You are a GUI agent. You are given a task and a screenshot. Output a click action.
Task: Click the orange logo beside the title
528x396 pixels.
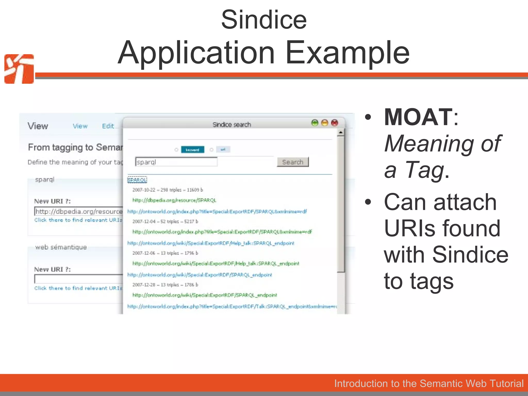point(19,69)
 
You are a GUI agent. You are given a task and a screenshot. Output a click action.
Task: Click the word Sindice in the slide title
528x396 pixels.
point(264,20)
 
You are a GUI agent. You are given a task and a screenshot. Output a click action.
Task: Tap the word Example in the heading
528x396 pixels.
point(347,53)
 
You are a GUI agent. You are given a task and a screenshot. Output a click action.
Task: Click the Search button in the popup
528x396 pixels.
point(293,162)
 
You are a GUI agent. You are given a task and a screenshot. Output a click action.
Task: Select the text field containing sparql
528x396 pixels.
point(176,162)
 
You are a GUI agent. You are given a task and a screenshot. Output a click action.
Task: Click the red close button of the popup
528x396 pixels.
point(334,123)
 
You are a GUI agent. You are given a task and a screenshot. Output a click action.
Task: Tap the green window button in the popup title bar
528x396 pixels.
point(315,123)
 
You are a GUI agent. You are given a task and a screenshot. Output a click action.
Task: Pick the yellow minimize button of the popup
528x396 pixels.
point(325,123)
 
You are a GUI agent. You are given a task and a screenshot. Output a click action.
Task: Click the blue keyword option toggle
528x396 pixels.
point(192,150)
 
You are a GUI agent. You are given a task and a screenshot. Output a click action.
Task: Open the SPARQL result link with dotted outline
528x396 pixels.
point(137,180)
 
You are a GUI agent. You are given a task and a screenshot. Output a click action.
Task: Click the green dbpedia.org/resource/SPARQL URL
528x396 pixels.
point(174,200)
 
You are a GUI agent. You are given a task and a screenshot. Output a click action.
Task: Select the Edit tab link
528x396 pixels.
point(108,126)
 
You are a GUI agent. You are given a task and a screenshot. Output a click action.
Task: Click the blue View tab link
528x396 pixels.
point(80,126)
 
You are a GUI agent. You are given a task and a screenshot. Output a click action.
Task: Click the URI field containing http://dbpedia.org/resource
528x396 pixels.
point(79,211)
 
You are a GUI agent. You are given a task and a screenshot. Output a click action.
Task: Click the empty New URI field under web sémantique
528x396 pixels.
point(79,279)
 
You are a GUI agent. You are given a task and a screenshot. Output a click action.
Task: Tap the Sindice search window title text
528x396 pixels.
point(232,125)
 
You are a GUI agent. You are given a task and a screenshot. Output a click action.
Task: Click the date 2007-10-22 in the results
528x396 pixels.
point(144,190)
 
